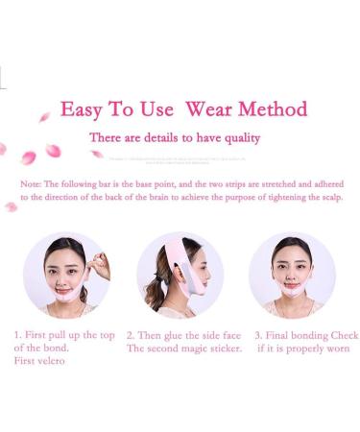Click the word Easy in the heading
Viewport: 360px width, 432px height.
click(81, 108)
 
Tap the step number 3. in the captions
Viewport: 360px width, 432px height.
click(258, 335)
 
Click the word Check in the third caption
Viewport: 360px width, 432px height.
click(343, 335)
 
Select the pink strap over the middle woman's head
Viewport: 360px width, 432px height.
click(176, 252)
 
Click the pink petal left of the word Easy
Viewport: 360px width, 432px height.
click(44, 117)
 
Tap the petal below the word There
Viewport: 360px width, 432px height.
click(96, 155)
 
